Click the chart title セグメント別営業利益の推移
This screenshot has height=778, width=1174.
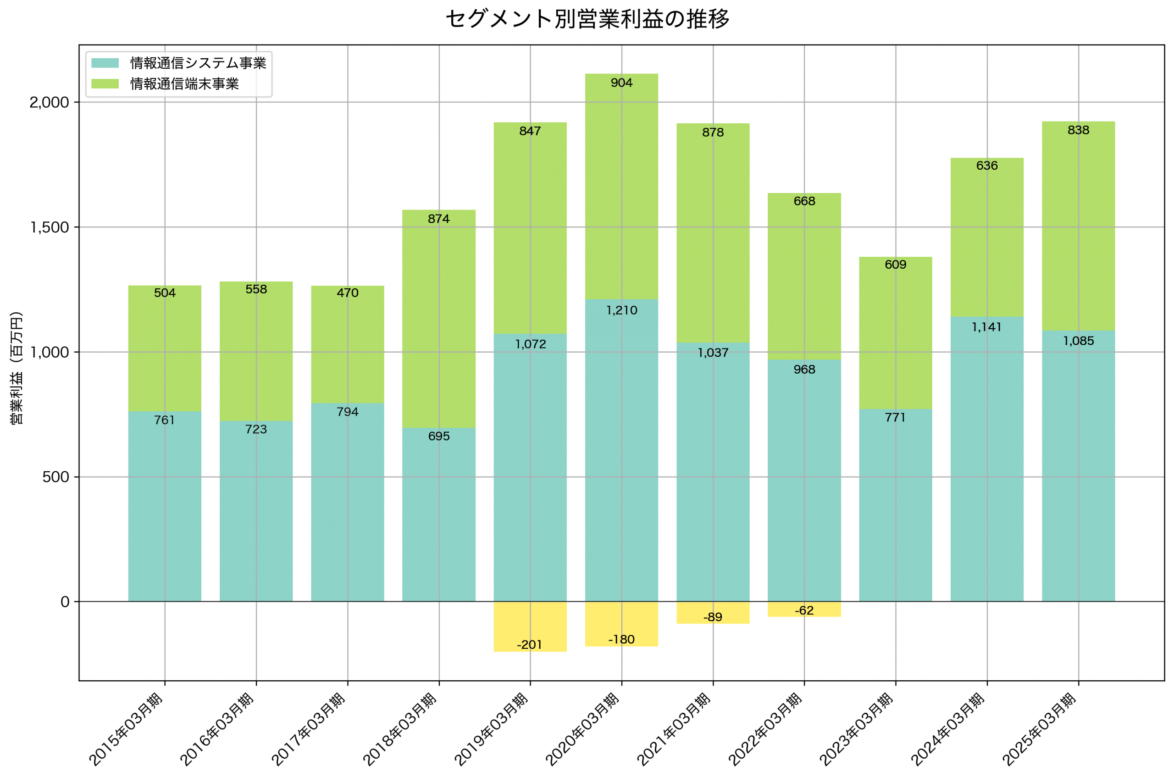587,19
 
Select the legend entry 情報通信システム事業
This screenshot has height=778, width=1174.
198,63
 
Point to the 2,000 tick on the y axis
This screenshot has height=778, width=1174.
49,103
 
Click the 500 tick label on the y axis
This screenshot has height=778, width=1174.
55,477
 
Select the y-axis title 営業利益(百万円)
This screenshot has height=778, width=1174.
17,368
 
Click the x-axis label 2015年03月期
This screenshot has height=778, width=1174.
127,729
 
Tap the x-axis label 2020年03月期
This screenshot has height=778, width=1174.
583,729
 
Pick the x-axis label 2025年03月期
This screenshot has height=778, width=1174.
1040,729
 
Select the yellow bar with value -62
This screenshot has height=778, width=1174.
804,610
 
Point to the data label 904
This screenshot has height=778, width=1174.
621,83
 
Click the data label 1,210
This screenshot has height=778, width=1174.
621,311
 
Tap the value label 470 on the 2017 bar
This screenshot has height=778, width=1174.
347,293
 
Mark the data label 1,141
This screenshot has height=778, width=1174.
986,327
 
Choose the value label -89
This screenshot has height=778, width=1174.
713,617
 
